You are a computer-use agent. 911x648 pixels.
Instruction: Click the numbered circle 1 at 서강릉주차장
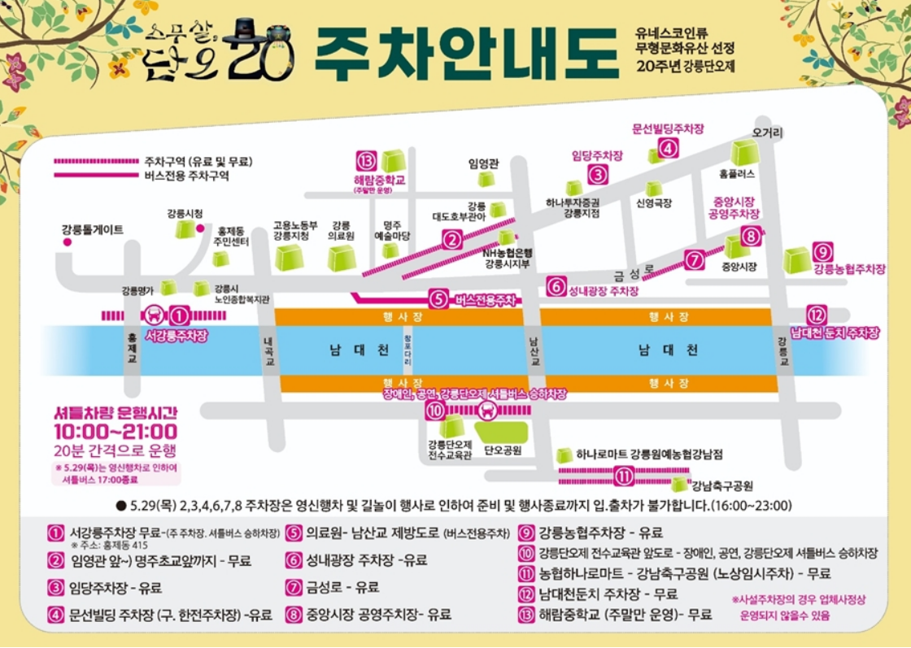pyautogui.click(x=181, y=315)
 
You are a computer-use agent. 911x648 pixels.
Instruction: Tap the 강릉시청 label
pyautogui.click(x=185, y=214)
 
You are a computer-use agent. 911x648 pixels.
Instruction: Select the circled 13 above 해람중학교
pyautogui.click(x=368, y=159)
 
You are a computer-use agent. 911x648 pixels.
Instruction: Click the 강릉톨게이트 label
pyautogui.click(x=92, y=230)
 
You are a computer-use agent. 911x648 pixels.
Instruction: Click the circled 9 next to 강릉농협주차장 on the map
pyautogui.click(x=822, y=252)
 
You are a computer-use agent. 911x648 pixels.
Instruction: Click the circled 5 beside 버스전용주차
pyautogui.click(x=438, y=299)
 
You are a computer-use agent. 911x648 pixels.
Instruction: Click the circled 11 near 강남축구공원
pyautogui.click(x=623, y=476)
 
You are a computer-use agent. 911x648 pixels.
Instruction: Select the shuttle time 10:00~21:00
pyautogui.click(x=116, y=432)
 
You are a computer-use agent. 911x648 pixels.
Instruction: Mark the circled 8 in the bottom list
pyautogui.click(x=292, y=614)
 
